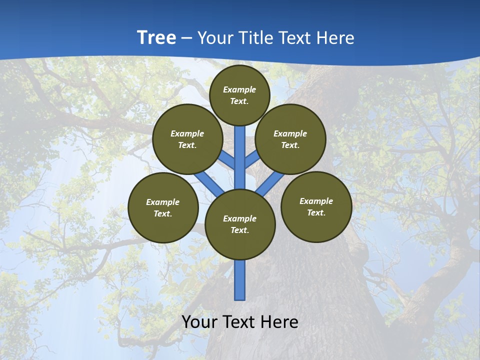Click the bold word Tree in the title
156,37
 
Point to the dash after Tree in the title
187,38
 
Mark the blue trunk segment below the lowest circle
240,280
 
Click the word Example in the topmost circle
239,89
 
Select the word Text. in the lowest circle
239,230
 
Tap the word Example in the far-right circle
316,201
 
